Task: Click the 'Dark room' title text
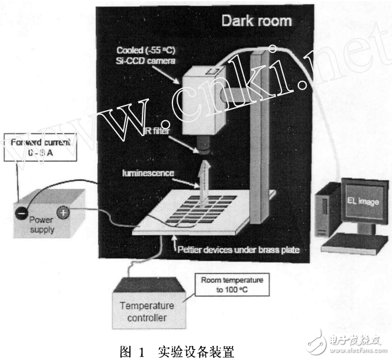(256, 21)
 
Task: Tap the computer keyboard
(353, 243)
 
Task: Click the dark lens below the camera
(204, 143)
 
